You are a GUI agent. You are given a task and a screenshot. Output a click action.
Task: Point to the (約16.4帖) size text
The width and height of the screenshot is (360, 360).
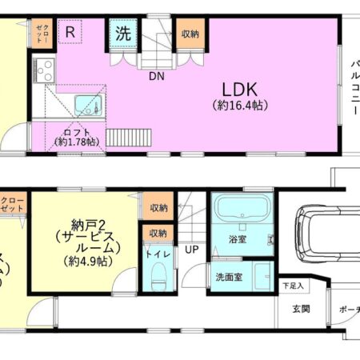click(239, 105)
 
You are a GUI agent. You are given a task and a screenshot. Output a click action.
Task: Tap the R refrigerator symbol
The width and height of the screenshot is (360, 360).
click(71, 33)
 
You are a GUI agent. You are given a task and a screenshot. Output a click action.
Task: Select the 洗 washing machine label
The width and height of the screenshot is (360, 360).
click(123, 34)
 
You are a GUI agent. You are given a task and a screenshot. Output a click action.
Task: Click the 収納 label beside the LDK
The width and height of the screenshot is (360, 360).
click(190, 34)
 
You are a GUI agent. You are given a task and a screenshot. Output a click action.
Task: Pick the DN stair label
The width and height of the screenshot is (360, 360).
click(156, 77)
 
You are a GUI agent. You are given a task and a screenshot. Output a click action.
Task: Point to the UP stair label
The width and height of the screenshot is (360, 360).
click(191, 250)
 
